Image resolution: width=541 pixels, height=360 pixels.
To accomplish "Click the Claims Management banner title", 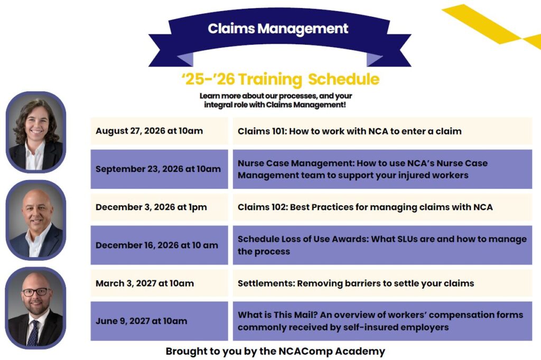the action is (x=278, y=29).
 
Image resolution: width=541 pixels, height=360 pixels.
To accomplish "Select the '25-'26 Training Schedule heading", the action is (x=281, y=79).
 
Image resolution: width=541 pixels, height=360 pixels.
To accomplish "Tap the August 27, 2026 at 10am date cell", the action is (x=160, y=131).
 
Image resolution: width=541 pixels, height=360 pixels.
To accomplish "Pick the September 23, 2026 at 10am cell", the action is (x=160, y=169).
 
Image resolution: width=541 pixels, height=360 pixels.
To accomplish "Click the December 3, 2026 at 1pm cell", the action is (x=160, y=207).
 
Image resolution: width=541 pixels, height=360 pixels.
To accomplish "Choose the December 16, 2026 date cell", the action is (x=160, y=245).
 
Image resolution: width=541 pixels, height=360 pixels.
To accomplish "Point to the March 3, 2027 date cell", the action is (x=160, y=283).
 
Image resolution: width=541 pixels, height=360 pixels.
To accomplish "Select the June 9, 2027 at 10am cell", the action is (x=160, y=321).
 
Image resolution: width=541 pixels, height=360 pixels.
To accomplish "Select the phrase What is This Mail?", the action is (x=277, y=315).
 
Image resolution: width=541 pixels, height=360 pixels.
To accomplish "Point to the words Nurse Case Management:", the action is (x=296, y=163).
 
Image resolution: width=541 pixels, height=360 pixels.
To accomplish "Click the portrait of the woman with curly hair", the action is (x=36, y=132).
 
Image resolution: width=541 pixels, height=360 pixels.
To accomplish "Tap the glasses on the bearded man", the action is (x=36, y=292).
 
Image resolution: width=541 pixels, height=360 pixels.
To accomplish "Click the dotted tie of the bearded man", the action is (x=33, y=333).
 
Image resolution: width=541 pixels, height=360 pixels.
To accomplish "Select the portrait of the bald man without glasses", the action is (x=36, y=220).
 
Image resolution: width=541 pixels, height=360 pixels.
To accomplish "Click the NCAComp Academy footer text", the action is (x=275, y=351).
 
